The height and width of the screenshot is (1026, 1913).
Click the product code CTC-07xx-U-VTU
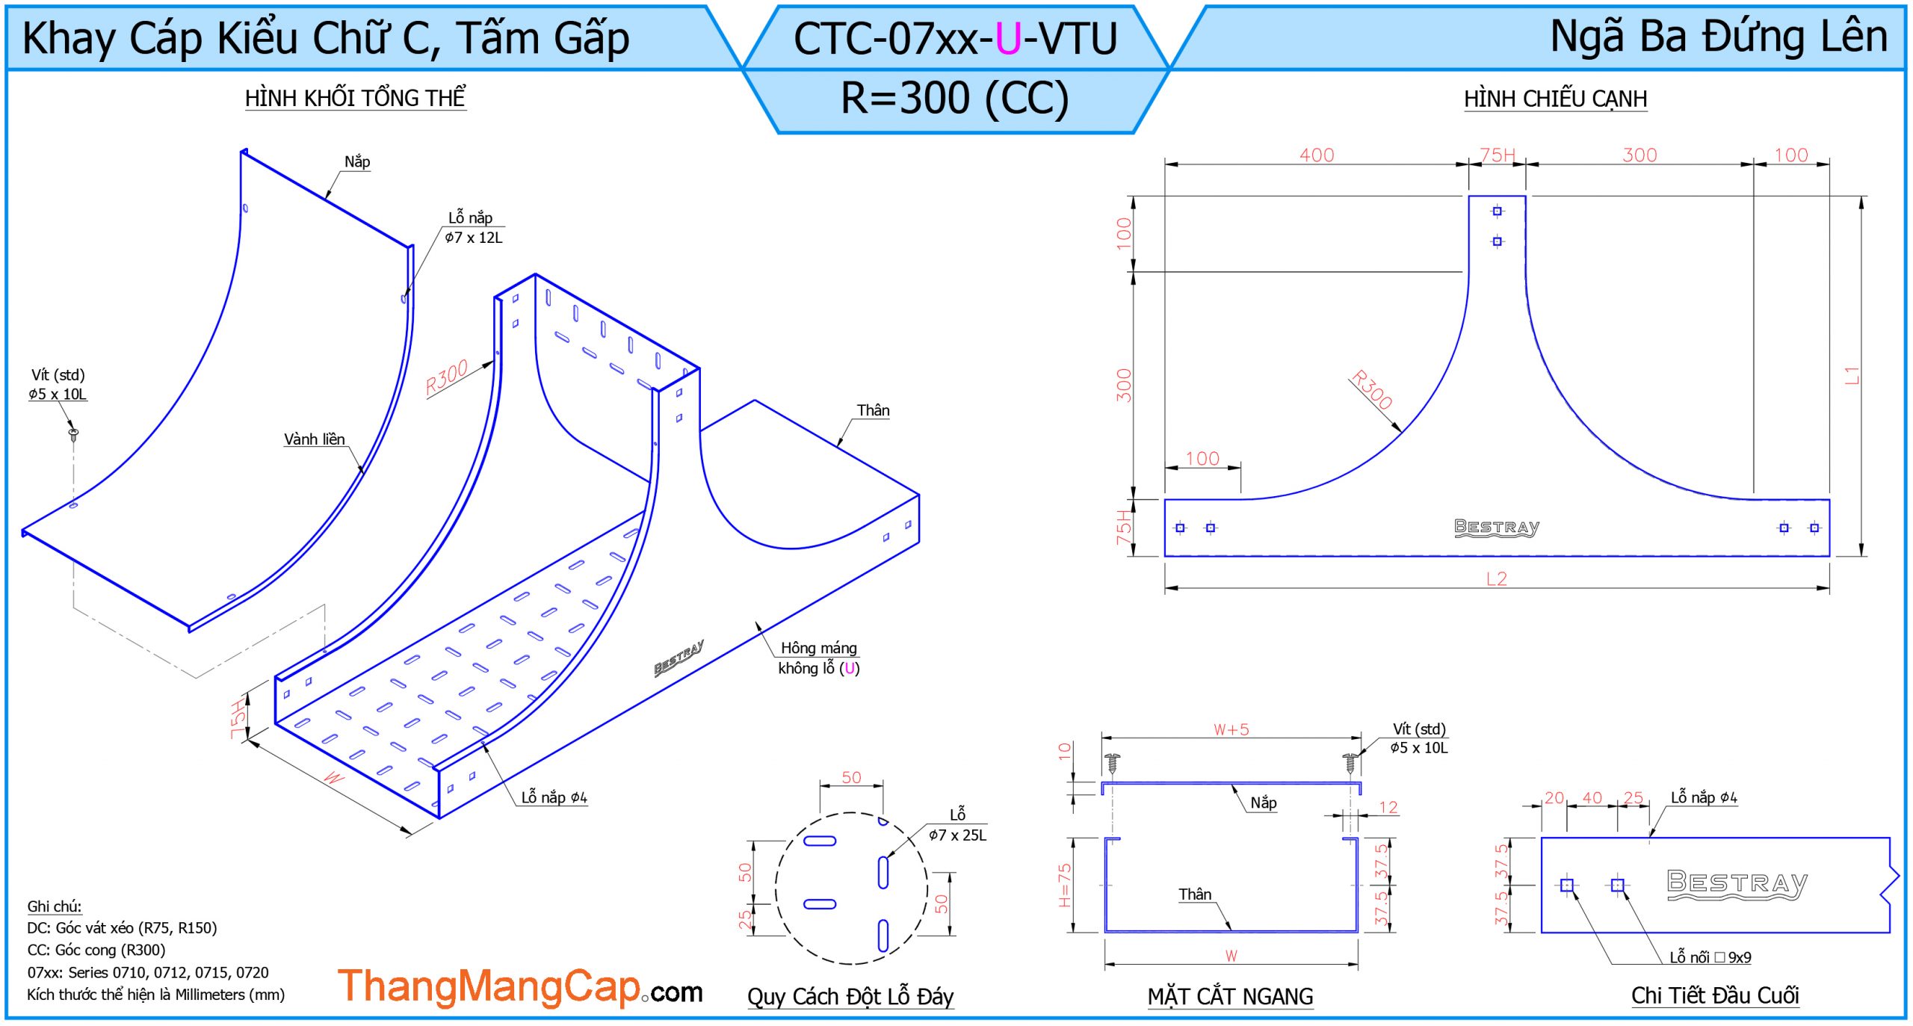(x=955, y=39)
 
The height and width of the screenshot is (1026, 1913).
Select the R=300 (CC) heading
(x=955, y=98)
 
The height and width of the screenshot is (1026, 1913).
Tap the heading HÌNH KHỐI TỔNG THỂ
(x=355, y=98)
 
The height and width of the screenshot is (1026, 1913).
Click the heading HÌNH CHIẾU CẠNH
(x=1555, y=99)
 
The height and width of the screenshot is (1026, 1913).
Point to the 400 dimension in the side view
(x=1316, y=155)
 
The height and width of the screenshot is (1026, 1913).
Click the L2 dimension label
(x=1496, y=578)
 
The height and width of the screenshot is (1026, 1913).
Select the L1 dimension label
(x=1851, y=375)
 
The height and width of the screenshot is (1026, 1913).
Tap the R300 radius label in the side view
(x=1372, y=389)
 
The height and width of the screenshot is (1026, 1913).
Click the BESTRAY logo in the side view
(x=1496, y=527)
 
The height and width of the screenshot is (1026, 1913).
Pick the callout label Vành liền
(x=314, y=439)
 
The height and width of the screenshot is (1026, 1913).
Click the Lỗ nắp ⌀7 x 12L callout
(x=474, y=227)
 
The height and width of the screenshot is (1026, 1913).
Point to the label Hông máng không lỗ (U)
(x=818, y=658)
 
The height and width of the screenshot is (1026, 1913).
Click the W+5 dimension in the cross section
(x=1231, y=729)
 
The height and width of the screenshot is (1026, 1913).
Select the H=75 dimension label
(x=1065, y=885)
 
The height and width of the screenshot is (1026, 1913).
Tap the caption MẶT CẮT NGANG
(x=1230, y=996)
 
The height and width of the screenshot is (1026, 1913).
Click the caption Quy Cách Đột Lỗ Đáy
(x=850, y=996)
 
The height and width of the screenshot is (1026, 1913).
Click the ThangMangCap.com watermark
(x=520, y=988)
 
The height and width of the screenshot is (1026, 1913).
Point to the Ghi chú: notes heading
(x=55, y=906)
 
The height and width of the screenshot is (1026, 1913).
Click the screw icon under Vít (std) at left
(x=73, y=433)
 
